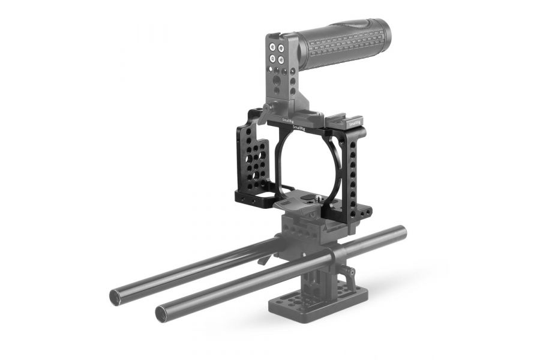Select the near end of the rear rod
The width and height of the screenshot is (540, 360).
[115, 296]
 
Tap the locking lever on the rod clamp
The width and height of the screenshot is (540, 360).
[263, 259]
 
